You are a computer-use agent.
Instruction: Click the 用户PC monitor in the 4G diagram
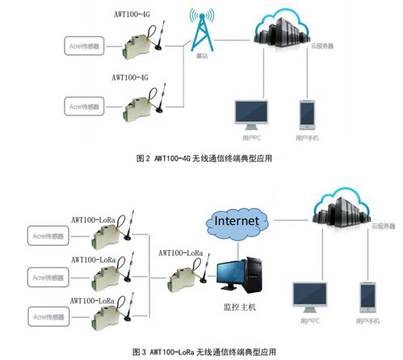(x=250, y=115)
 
